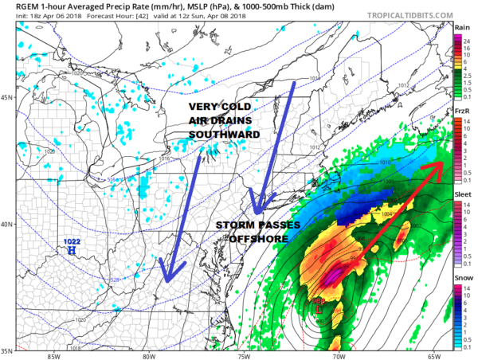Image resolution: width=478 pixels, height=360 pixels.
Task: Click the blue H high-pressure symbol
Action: coord(72,251)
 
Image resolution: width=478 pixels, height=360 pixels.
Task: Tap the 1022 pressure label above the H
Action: coord(72,241)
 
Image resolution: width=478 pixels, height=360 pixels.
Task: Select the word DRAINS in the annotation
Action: coord(237,121)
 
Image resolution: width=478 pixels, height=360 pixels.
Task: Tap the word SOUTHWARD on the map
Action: coord(223,135)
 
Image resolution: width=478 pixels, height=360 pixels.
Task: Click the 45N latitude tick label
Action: coord(8,98)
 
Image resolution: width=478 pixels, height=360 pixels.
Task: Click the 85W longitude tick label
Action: coord(54,356)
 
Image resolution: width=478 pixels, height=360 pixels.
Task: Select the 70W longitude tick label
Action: coord(340,356)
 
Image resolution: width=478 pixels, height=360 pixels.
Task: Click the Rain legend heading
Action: coord(462,26)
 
